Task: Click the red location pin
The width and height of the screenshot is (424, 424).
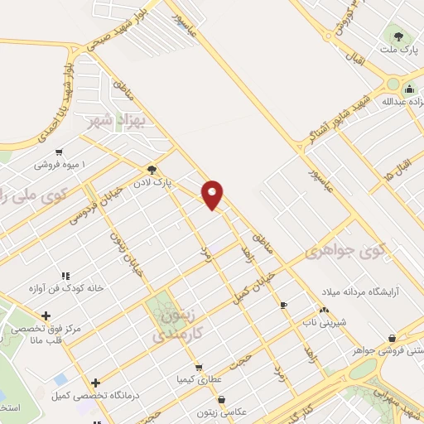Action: pyautogui.click(x=213, y=194)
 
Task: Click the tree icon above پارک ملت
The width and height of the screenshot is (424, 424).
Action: pyautogui.click(x=399, y=36)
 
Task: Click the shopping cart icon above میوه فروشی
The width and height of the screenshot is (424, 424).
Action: pyautogui.click(x=58, y=152)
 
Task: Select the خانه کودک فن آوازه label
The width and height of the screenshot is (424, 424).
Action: pyautogui.click(x=66, y=288)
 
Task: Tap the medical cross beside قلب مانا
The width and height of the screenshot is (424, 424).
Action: pyautogui.click(x=46, y=316)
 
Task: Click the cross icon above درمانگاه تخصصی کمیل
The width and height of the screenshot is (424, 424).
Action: pyautogui.click(x=96, y=383)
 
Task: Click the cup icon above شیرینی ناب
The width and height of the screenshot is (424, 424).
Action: pyautogui.click(x=284, y=305)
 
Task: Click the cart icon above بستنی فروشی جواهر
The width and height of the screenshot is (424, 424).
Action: pyautogui.click(x=391, y=338)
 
